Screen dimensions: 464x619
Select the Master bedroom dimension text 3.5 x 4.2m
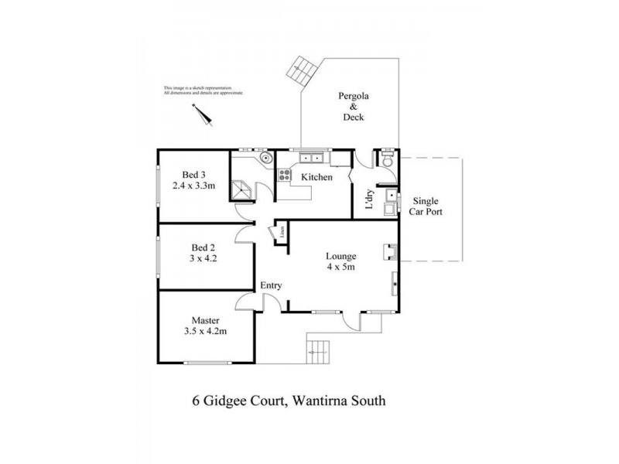[205, 331]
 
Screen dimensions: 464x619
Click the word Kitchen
[316, 177]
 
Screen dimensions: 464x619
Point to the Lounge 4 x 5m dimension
[340, 268]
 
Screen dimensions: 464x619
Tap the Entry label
[271, 285]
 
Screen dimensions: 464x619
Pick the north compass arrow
[203, 114]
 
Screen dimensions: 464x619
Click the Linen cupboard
[282, 230]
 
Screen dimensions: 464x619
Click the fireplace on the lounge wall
[391, 251]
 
